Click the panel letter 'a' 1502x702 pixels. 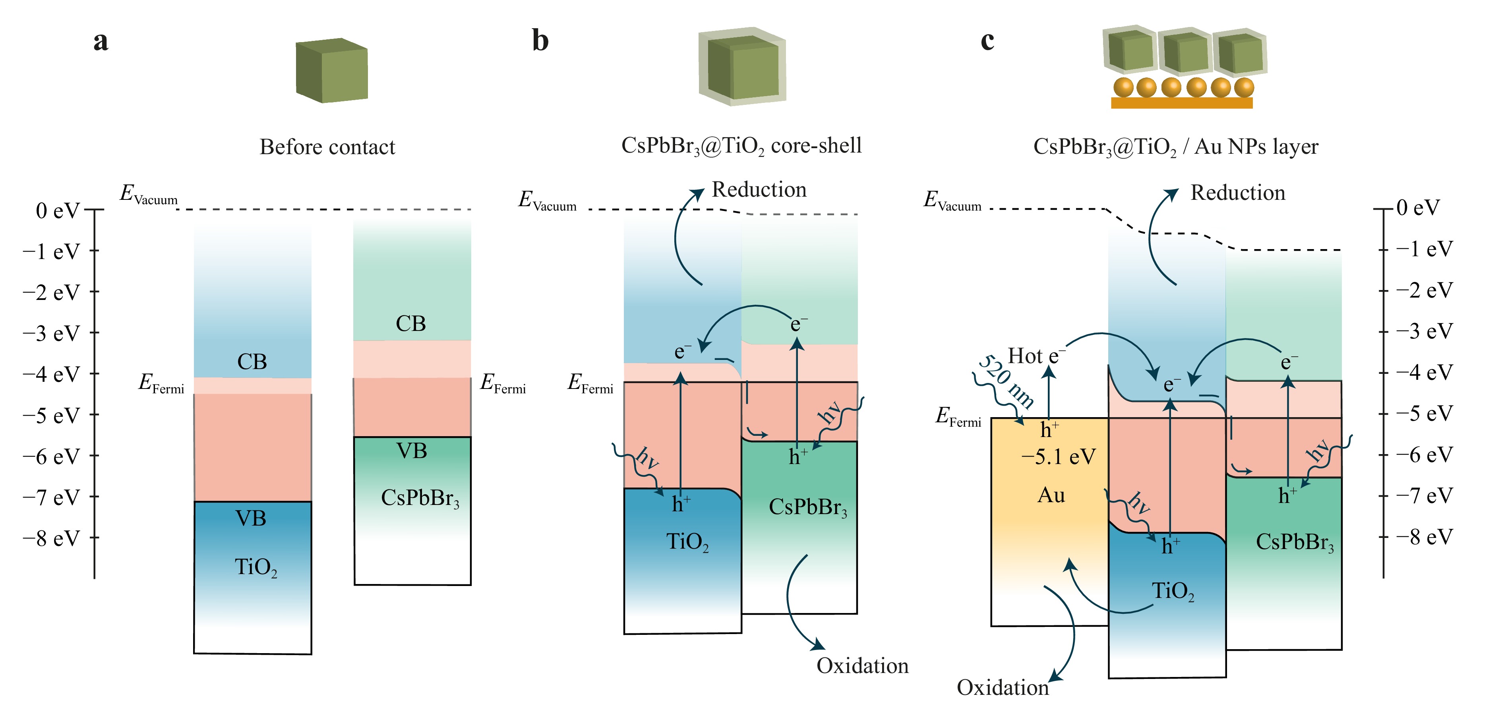pos(101,41)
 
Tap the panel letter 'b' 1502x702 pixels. pos(540,41)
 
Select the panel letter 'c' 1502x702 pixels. pos(987,41)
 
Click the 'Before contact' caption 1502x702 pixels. pos(327,147)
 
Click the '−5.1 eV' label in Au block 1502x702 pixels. pos(1058,456)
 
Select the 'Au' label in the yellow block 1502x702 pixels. pos(1051,495)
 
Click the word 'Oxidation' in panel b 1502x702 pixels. pos(862,665)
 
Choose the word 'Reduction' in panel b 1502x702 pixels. pos(759,190)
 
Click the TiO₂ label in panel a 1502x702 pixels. pos(255,567)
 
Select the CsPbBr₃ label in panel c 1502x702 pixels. pos(1295,542)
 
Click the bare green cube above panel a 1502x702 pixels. pos(332,71)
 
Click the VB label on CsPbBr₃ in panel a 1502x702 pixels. pos(412,451)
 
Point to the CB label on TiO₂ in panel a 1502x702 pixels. pos(252,362)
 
